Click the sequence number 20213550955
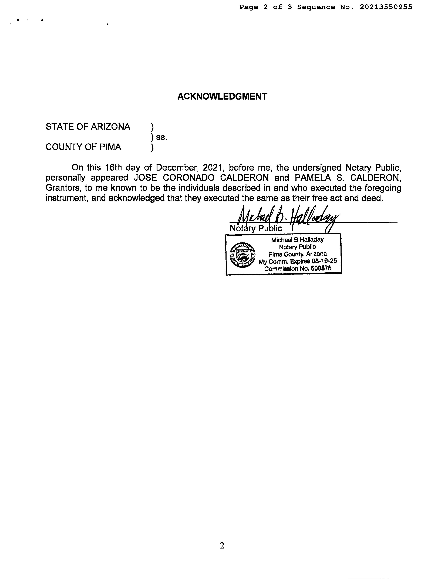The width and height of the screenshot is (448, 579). click(x=386, y=7)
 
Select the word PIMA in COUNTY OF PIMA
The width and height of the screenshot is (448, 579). click(x=110, y=147)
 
